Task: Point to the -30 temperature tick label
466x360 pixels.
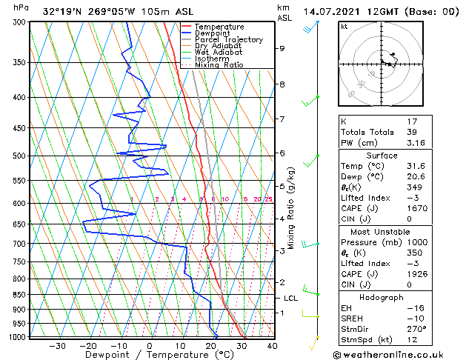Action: point(57,345)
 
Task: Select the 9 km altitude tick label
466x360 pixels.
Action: point(282,49)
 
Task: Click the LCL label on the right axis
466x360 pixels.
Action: point(291,298)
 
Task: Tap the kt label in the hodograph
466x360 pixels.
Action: point(344,26)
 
